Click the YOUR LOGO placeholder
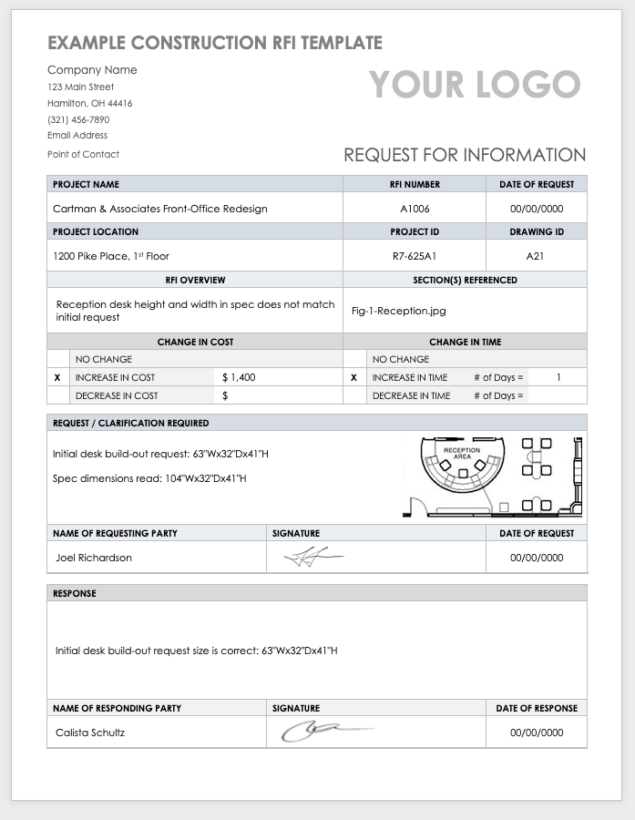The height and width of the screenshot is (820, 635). (475, 85)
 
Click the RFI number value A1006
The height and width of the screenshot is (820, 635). (415, 209)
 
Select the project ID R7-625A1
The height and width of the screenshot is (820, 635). (415, 256)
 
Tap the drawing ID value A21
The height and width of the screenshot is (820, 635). (536, 256)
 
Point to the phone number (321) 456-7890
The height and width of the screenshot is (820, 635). (78, 119)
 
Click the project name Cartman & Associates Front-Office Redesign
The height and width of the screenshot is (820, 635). (160, 209)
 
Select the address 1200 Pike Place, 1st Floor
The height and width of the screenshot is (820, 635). (111, 256)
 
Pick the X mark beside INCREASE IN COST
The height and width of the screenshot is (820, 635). (57, 377)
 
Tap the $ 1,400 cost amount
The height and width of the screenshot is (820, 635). (239, 377)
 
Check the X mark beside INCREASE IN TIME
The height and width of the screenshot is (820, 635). (353, 377)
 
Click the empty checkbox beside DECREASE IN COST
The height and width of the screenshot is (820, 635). (57, 395)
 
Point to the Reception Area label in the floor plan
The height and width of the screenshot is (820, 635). (462, 453)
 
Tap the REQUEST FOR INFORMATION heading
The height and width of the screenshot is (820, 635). (465, 155)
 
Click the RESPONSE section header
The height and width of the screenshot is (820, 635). (75, 593)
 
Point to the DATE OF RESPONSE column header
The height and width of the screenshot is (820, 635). (537, 708)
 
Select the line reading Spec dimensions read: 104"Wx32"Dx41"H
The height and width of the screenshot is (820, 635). (149, 478)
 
